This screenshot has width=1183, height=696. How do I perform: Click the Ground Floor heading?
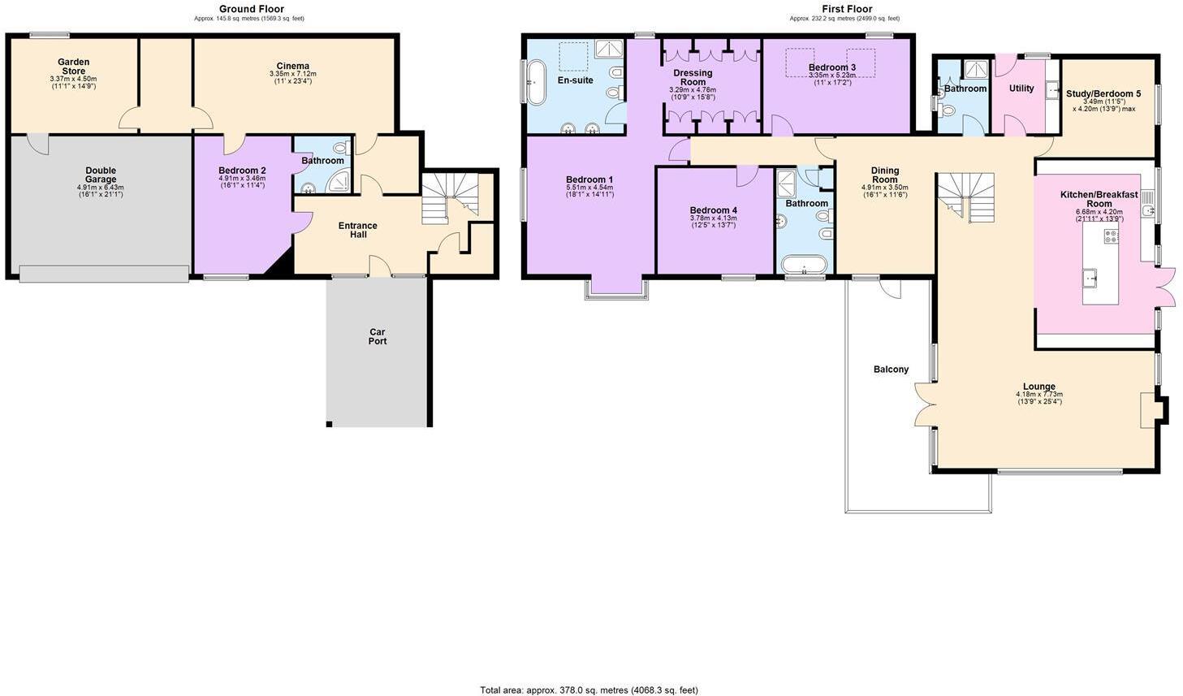coord(251,9)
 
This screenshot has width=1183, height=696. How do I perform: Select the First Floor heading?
coord(847,9)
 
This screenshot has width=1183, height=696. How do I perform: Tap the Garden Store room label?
coord(73,67)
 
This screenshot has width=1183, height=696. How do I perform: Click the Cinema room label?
coord(292,67)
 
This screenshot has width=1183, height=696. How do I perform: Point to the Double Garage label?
coord(101,175)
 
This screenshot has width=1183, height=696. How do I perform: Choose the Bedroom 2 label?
coord(242,171)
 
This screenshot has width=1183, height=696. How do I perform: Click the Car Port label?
coord(378,336)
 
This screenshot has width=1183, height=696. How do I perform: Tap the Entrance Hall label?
coord(358,230)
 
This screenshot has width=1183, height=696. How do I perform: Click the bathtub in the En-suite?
coord(536,82)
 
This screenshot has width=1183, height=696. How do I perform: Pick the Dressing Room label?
coord(693,77)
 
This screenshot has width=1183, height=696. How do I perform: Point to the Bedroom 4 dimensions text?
coord(713,221)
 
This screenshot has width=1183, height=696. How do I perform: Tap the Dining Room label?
coord(884,175)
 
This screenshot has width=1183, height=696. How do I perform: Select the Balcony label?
coord(891,370)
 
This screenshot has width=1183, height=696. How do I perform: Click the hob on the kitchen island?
coord(1110,236)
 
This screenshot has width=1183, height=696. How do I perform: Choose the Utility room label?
coord(1021,89)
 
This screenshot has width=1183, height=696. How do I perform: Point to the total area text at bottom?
coord(589,690)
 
